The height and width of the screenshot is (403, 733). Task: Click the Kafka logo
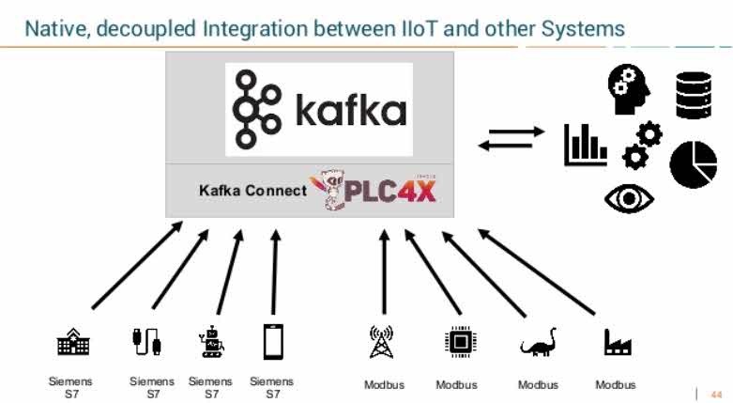318,109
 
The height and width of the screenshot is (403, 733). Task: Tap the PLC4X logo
375,190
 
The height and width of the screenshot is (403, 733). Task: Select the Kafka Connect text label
252,191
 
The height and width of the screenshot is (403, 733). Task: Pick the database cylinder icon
695,95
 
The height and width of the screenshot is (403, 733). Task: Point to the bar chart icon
585,146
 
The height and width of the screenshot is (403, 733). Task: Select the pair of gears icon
642,144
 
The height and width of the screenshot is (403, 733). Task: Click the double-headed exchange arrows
511,138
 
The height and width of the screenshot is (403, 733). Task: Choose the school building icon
73,344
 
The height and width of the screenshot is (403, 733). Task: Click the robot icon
211,343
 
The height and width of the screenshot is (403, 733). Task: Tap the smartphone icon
272,342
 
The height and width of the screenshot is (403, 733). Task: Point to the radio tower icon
381,342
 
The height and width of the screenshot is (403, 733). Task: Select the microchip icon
459,343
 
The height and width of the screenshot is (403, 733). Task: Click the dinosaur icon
539,344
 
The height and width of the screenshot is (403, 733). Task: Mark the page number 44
716,394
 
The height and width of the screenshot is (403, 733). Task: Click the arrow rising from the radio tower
384,272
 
